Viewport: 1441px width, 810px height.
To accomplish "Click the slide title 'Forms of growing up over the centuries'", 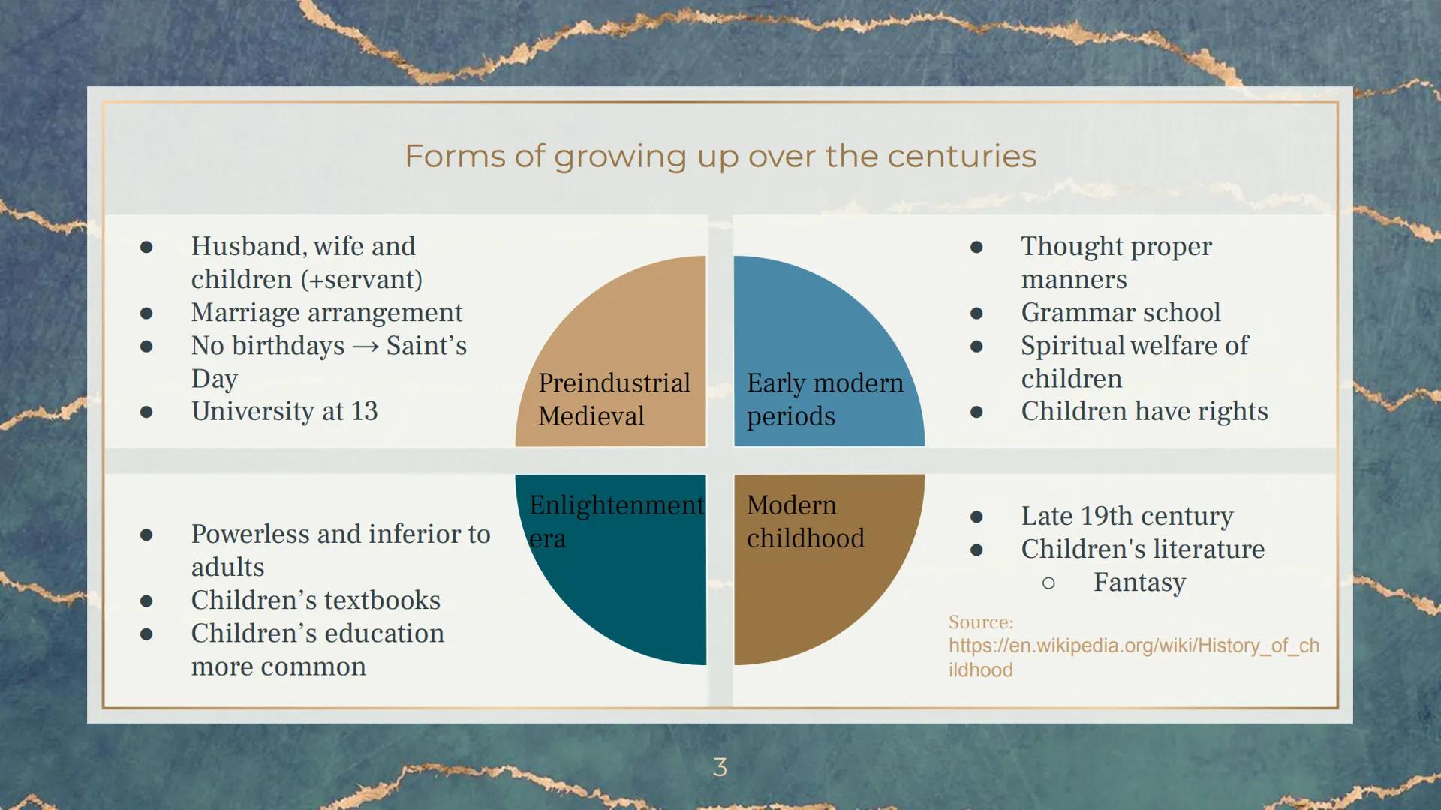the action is pyautogui.click(x=720, y=157).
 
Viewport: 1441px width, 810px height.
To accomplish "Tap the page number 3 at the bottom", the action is pyautogui.click(x=720, y=766).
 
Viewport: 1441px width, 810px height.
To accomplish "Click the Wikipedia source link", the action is pyautogui.click(x=1133, y=658).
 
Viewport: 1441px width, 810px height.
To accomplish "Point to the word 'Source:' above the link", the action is pyautogui.click(x=980, y=622).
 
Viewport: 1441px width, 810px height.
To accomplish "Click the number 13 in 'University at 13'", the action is pyautogui.click(x=364, y=411).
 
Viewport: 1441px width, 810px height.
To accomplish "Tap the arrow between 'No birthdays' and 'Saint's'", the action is pyautogui.click(x=366, y=346).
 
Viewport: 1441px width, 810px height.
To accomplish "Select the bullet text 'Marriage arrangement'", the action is pyautogui.click(x=326, y=312).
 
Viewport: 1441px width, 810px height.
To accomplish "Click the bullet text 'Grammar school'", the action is pyautogui.click(x=1121, y=312).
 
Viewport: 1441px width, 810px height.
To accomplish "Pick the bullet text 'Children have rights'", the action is pyautogui.click(x=1145, y=411).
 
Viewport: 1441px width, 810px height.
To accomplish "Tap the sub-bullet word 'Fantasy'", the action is pyautogui.click(x=1139, y=583).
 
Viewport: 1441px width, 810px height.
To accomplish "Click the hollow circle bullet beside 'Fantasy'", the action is pyautogui.click(x=1048, y=583).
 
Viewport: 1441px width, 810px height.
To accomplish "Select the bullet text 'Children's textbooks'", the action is pyautogui.click(x=315, y=600).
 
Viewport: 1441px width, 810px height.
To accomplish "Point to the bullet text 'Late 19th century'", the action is pyautogui.click(x=1127, y=516).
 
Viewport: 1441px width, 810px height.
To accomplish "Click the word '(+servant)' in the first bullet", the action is pyautogui.click(x=362, y=280).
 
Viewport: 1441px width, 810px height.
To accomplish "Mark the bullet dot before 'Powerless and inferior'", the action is pyautogui.click(x=146, y=535).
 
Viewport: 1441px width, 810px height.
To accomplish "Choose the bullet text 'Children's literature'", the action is pyautogui.click(x=1142, y=549).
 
